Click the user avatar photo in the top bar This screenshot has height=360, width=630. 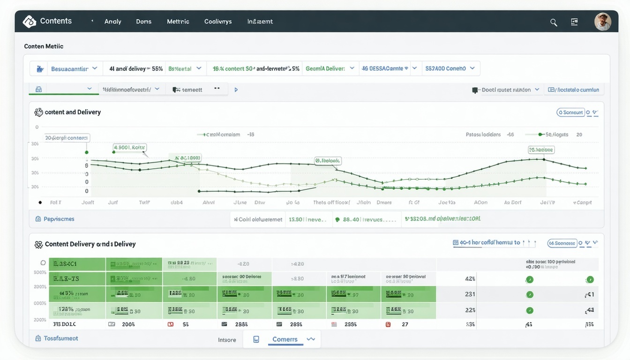[602, 22]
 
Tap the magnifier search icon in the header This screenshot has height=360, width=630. [554, 22]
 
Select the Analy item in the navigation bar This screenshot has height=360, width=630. [112, 22]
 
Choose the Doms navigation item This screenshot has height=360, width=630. [144, 22]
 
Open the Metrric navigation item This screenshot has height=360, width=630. [178, 22]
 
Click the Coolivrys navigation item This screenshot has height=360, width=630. [218, 22]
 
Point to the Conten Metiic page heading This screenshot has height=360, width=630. [44, 46]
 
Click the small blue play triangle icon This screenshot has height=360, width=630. [236, 90]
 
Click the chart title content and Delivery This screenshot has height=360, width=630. [73, 112]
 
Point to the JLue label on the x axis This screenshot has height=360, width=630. [240, 202]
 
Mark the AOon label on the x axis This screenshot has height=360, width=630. [480, 202]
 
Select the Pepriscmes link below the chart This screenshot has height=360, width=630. [59, 219]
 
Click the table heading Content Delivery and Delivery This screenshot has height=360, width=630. [90, 244]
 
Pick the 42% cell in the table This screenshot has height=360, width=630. [470, 278]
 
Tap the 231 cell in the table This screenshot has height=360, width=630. [470, 294]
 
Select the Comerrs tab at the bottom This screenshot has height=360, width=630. [285, 339]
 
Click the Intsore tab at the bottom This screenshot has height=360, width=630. [227, 340]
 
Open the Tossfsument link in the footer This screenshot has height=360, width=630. [60, 338]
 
